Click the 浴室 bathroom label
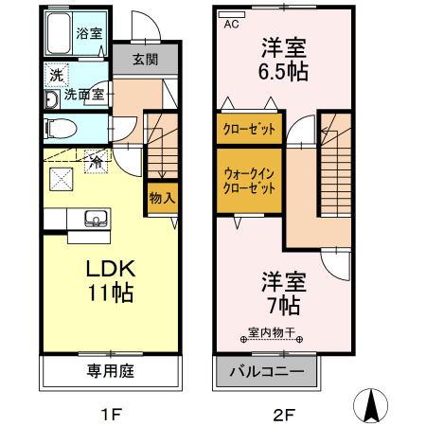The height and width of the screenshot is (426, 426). point(89,33)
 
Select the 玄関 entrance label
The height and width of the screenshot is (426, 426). point(145,60)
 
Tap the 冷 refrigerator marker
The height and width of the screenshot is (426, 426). point(96,162)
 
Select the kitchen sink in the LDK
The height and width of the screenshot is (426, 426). point(95,219)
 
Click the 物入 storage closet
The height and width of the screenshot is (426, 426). point(162,198)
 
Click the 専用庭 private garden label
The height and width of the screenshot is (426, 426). point(110,371)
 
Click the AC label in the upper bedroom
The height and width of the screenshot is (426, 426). point(231,26)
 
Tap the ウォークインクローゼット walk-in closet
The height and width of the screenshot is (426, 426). point(250,180)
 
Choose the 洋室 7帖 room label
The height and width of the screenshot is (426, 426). point(284,293)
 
